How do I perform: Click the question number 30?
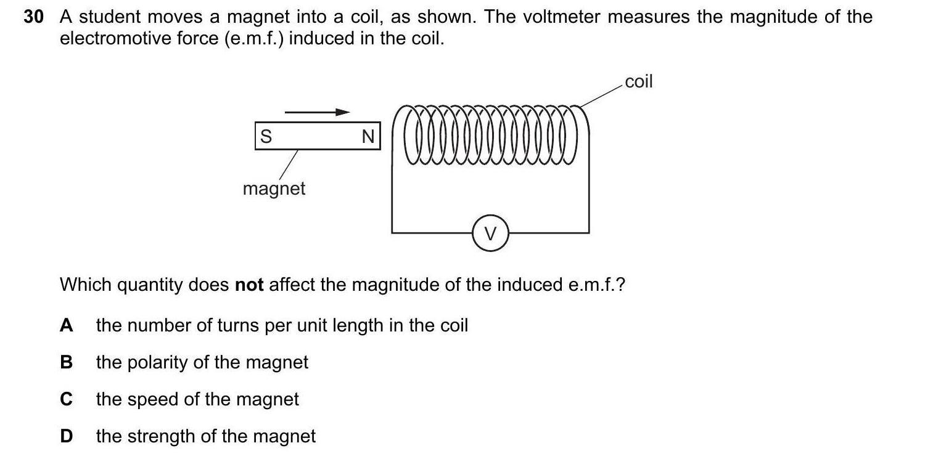tap(34, 17)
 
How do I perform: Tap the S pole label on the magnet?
tap(266, 136)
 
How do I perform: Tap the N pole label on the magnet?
tap(368, 136)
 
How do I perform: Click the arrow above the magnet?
tap(317, 112)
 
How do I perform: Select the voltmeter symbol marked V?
tap(490, 233)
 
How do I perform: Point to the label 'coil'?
tap(638, 81)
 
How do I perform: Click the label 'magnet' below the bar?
tap(274, 189)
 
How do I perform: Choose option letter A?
tap(67, 325)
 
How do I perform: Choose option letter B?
tap(67, 362)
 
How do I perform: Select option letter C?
tap(67, 399)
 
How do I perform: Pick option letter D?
tap(67, 436)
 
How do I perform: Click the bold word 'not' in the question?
tap(250, 285)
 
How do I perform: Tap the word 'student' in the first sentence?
tap(110, 17)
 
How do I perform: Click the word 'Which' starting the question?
tap(85, 285)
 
